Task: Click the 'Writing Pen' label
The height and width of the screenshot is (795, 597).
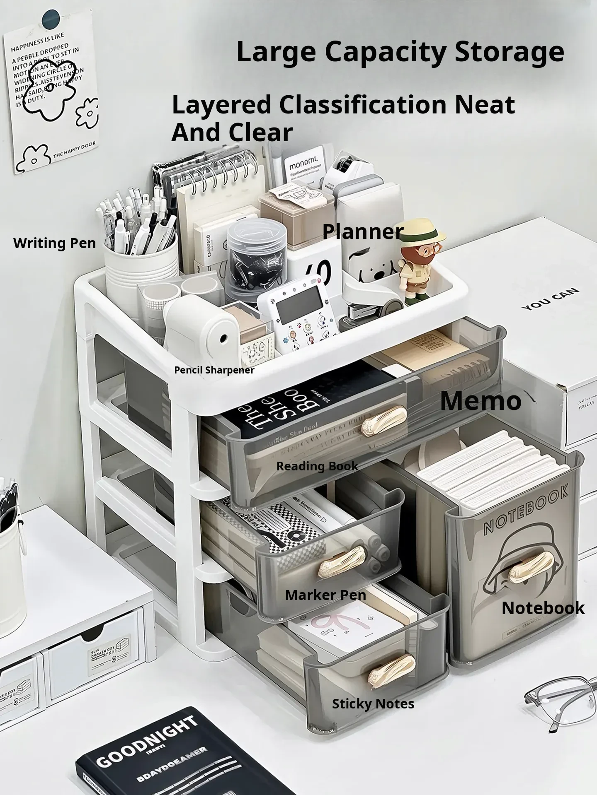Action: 54,243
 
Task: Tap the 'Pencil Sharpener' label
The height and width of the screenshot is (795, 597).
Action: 214,370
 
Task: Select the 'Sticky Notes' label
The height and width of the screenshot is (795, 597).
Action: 373,703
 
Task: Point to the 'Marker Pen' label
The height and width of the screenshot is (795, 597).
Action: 325,595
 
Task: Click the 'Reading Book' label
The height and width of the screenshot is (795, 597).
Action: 317,466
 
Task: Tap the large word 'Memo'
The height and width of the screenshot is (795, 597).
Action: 481,401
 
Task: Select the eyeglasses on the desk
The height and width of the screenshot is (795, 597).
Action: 560,700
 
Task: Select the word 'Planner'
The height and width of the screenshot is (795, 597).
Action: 363,231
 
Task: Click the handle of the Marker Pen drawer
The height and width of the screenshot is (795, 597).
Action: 342,560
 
